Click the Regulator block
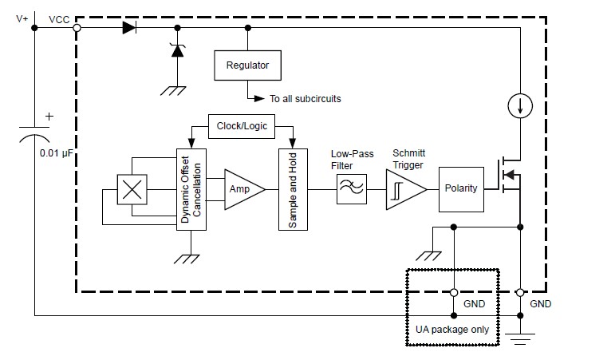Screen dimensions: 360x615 247,65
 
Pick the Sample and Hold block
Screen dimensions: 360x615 292,188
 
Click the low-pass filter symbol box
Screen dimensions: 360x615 351,189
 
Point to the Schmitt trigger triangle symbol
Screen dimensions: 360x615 404,189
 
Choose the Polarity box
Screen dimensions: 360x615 461,189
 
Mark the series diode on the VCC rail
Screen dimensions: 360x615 129,28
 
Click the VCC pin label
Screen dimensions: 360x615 58,18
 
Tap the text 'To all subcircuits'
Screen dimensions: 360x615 306,99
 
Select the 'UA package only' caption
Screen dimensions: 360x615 451,330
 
